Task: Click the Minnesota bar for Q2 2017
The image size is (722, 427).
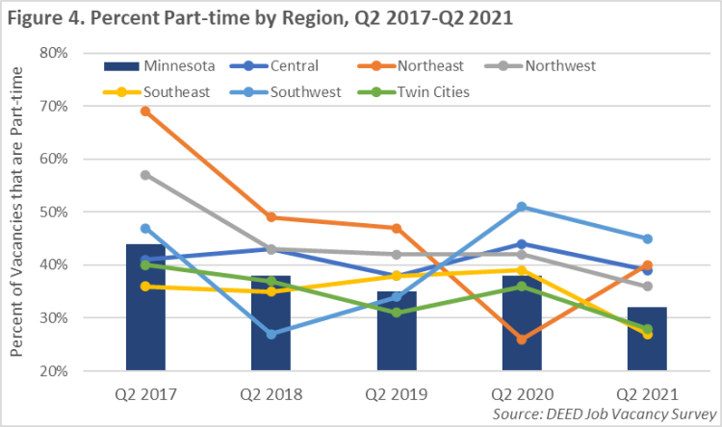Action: click(145, 308)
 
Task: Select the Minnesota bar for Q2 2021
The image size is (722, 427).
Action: click(647, 339)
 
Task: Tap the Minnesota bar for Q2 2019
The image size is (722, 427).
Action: click(396, 331)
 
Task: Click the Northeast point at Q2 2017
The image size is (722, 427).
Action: click(145, 112)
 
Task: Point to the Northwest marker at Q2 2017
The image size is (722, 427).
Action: click(145, 175)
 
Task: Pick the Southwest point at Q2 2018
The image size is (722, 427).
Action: click(271, 334)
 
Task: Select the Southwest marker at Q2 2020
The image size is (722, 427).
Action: click(522, 207)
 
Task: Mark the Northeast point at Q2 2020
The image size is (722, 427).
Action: click(522, 339)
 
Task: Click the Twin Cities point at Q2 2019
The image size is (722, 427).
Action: click(396, 313)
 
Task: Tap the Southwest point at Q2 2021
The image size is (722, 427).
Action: click(647, 239)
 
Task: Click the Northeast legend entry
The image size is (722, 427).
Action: click(422, 66)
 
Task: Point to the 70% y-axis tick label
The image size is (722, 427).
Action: click(53, 106)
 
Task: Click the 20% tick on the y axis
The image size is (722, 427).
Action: click(53, 370)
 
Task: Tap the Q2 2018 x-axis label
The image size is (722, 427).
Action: click(271, 394)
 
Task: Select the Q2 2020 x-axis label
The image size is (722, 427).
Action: click(522, 394)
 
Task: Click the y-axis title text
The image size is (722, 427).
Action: click(17, 212)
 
